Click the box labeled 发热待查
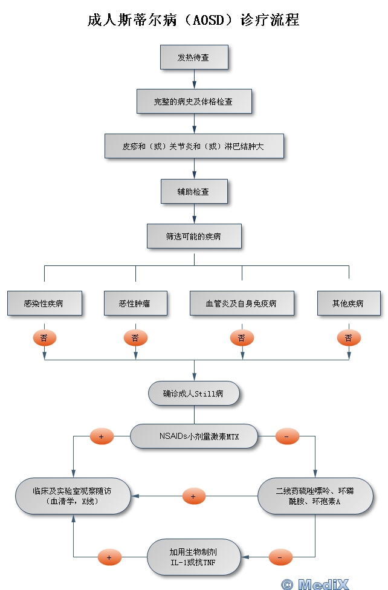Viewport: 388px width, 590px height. [194, 57]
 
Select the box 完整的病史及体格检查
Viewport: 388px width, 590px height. [194, 102]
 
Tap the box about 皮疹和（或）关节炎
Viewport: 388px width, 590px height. [194, 146]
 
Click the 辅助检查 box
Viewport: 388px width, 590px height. [194, 192]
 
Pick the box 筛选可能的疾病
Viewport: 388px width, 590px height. [194, 236]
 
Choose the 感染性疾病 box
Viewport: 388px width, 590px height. [44, 303]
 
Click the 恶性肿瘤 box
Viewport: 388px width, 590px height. [135, 303]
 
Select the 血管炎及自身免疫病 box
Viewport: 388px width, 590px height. [241, 303]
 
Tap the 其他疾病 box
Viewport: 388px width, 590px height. [348, 303]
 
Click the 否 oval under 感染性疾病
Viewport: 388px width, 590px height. [44, 338]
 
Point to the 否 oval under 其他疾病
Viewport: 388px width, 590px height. [348, 338]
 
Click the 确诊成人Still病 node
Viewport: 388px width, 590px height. [194, 394]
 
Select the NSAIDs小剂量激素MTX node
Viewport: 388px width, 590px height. [194, 436]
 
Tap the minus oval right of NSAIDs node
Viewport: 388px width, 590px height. [287, 436]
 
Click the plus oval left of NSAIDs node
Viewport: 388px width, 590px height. [102, 436]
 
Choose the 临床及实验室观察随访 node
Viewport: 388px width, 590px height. [73, 496]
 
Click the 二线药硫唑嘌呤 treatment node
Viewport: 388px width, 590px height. [315, 496]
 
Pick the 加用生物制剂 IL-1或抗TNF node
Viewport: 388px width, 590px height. [194, 557]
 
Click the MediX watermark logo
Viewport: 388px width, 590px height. [323, 583]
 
